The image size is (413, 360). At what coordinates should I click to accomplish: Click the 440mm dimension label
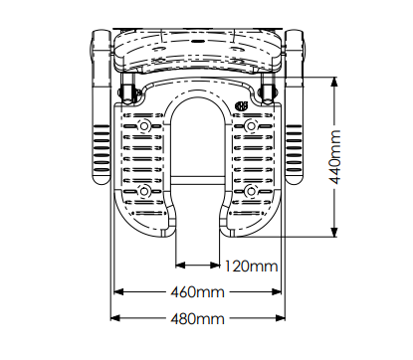[x=334, y=157]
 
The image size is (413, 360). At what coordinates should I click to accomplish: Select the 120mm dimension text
[x=251, y=267]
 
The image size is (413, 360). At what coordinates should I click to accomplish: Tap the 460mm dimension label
[x=197, y=292]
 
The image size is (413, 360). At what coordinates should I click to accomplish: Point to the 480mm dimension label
[x=197, y=319]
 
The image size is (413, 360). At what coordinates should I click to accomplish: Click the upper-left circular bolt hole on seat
[x=144, y=126]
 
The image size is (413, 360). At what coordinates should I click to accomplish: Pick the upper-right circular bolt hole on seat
[x=251, y=126]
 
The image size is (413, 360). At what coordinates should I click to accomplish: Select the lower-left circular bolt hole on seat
[x=144, y=191]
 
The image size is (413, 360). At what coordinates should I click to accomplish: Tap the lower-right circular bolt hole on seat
[x=251, y=191]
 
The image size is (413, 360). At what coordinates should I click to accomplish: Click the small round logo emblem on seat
[x=242, y=106]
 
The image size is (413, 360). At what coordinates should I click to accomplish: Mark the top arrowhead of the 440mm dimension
[x=334, y=82]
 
